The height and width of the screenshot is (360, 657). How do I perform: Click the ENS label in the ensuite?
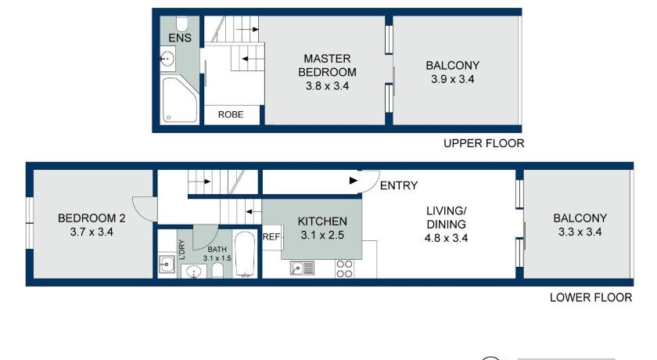tap(180, 38)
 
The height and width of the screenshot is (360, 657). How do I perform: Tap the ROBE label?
tap(231, 114)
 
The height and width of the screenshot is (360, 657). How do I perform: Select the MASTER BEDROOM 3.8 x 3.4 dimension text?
tap(327, 86)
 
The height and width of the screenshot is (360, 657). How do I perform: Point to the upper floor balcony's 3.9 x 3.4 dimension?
tap(453, 79)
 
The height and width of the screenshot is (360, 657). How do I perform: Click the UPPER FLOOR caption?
tap(484, 143)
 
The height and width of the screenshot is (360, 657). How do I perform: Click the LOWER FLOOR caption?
tap(591, 297)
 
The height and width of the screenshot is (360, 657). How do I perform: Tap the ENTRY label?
tap(399, 185)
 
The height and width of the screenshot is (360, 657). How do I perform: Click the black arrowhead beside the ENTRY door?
tap(354, 181)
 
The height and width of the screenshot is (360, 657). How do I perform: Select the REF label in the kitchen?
tap(271, 237)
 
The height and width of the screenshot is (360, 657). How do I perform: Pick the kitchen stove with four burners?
tap(344, 268)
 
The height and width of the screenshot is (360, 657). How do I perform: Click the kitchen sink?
tap(302, 268)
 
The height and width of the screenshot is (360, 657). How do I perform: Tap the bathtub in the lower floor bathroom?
tap(245, 254)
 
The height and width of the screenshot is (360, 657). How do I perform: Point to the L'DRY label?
tap(181, 250)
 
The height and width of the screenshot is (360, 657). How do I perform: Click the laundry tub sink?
tap(167, 265)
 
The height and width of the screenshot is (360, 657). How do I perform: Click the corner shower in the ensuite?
tap(179, 99)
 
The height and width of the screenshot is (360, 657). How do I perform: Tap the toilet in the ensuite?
tap(181, 24)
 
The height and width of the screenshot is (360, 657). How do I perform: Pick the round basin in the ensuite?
tap(167, 58)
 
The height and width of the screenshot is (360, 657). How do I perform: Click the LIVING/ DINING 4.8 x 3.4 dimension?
tap(447, 238)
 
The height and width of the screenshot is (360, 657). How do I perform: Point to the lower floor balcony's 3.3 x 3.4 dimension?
tap(580, 232)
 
